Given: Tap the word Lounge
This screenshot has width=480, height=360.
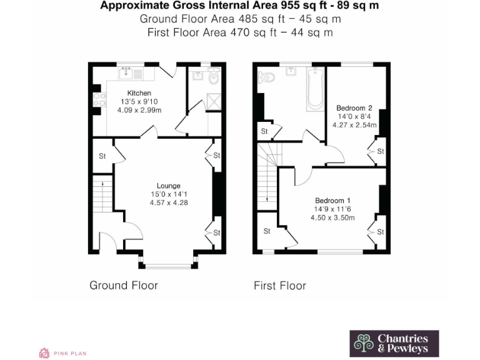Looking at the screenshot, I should click(168, 186).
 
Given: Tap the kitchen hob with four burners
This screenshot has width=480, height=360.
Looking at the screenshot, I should click(98, 99).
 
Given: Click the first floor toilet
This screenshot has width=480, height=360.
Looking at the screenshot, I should click(267, 78).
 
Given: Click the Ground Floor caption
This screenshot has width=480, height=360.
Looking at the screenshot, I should click(124, 285).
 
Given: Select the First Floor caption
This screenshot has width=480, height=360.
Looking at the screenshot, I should click(279, 286).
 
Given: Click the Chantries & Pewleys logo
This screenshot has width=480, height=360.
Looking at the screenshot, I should click(394, 343).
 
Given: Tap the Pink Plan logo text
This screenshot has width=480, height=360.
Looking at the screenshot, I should click(72, 353).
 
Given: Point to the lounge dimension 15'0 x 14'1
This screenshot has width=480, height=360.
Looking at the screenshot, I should click(168, 194).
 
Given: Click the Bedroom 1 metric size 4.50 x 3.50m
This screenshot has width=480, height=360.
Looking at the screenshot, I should click(332, 217).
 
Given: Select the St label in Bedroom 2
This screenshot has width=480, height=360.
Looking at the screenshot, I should click(380, 151).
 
